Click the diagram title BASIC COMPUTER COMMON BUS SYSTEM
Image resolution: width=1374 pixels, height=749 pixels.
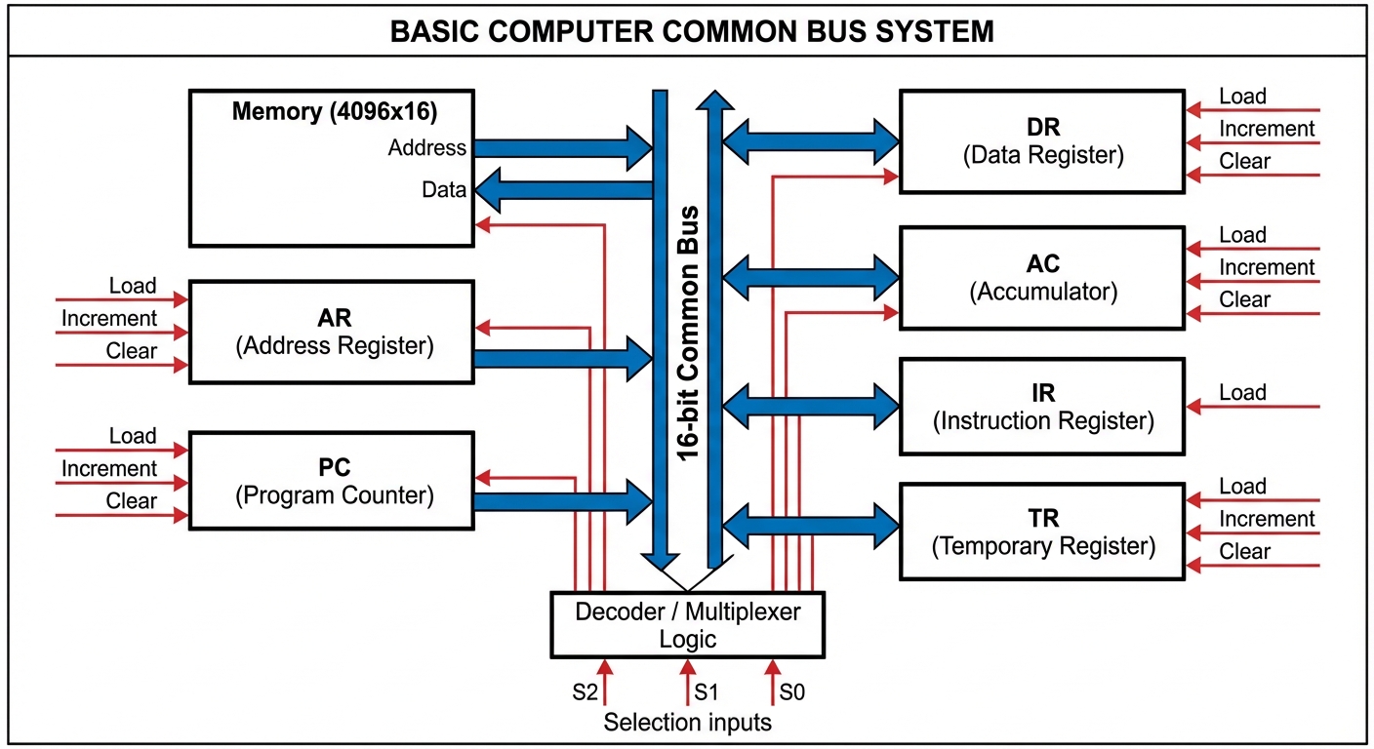(x=691, y=31)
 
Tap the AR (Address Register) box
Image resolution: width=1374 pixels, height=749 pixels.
(x=331, y=332)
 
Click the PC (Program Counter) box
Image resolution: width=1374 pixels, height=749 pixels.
(x=331, y=482)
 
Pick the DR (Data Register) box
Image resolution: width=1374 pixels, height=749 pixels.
(x=1042, y=141)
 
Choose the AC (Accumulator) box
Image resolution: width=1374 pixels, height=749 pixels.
(x=1042, y=278)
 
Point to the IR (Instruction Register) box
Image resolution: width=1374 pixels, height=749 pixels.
(x=1042, y=407)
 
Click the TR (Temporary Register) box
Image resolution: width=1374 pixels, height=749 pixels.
(x=1042, y=532)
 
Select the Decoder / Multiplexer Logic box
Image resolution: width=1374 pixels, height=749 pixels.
(x=687, y=625)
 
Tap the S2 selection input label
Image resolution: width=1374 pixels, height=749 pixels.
(x=585, y=693)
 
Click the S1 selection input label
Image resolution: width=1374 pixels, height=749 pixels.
(x=707, y=693)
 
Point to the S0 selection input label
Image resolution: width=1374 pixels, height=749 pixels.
(x=792, y=693)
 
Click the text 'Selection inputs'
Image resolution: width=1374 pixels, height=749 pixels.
(x=687, y=723)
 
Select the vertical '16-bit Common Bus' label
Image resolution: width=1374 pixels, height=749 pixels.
(x=688, y=333)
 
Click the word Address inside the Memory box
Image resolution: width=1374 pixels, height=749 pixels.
(x=426, y=148)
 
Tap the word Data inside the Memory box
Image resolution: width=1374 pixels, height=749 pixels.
(x=443, y=190)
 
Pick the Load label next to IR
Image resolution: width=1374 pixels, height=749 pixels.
(x=1242, y=393)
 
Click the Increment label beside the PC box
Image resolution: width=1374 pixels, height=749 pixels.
(x=108, y=469)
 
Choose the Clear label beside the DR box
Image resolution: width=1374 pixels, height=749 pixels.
(x=1244, y=162)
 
